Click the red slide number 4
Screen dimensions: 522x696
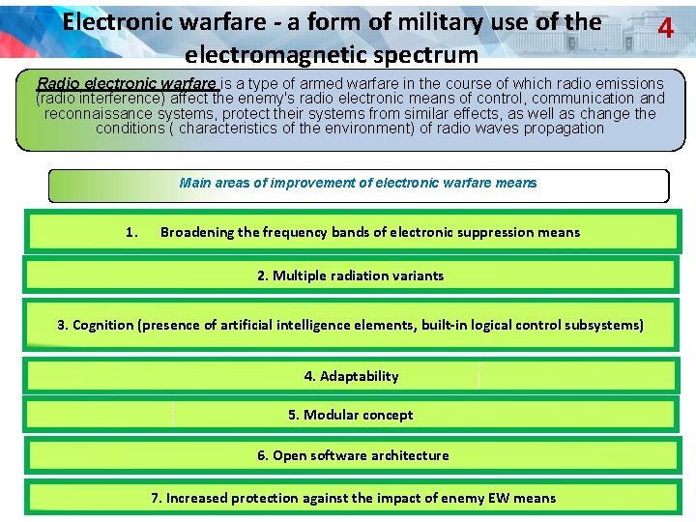[x=665, y=29]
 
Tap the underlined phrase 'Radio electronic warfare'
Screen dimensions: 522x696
[x=128, y=84]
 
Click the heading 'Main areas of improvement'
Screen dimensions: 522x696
[x=358, y=183]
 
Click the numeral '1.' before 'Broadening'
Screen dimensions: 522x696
[x=132, y=232]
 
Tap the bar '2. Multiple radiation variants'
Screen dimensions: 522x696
[x=350, y=275]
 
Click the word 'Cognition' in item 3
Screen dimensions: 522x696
[x=103, y=325]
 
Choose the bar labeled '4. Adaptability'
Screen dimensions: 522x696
[x=351, y=376]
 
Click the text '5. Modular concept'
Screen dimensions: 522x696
[x=350, y=415]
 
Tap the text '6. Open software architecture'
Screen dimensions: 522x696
[x=353, y=455]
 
